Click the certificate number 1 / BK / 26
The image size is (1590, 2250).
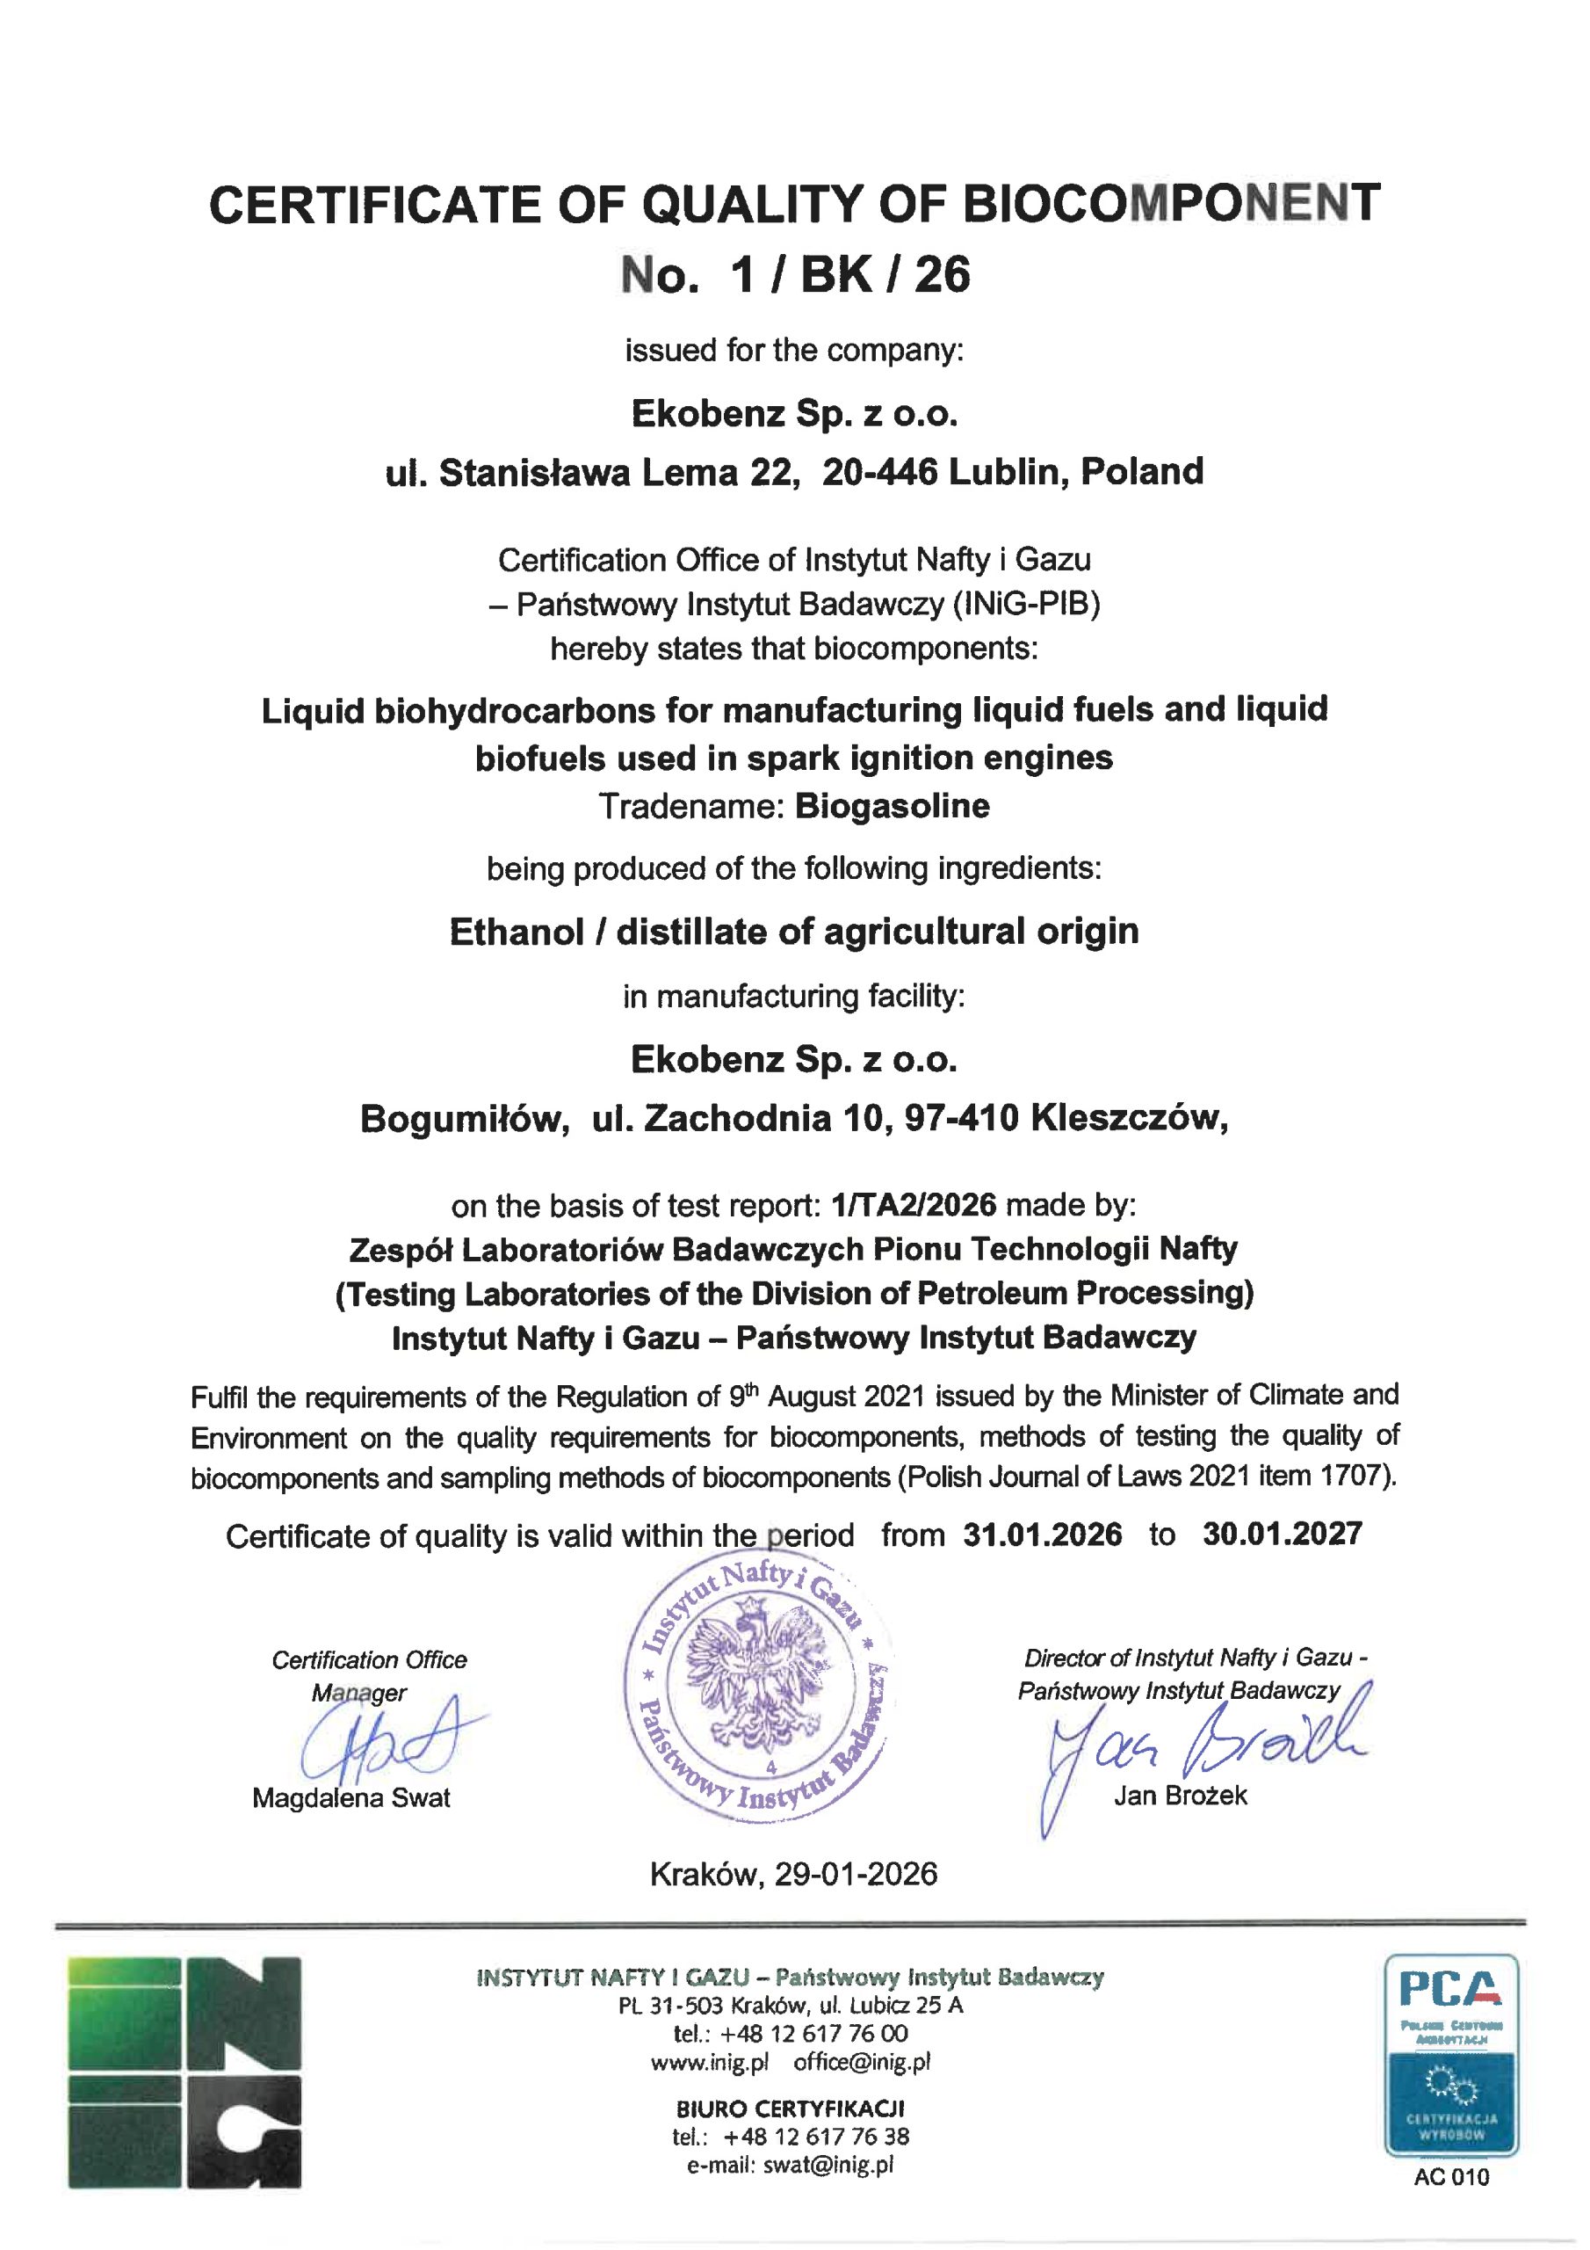849,275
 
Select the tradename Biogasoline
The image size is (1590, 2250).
893,807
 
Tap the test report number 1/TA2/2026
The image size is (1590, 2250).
913,1204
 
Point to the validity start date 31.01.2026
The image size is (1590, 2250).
1043,1535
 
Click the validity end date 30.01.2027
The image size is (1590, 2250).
1283,1534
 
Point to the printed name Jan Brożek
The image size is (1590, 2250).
1181,1796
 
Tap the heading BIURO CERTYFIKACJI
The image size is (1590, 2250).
790,2108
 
